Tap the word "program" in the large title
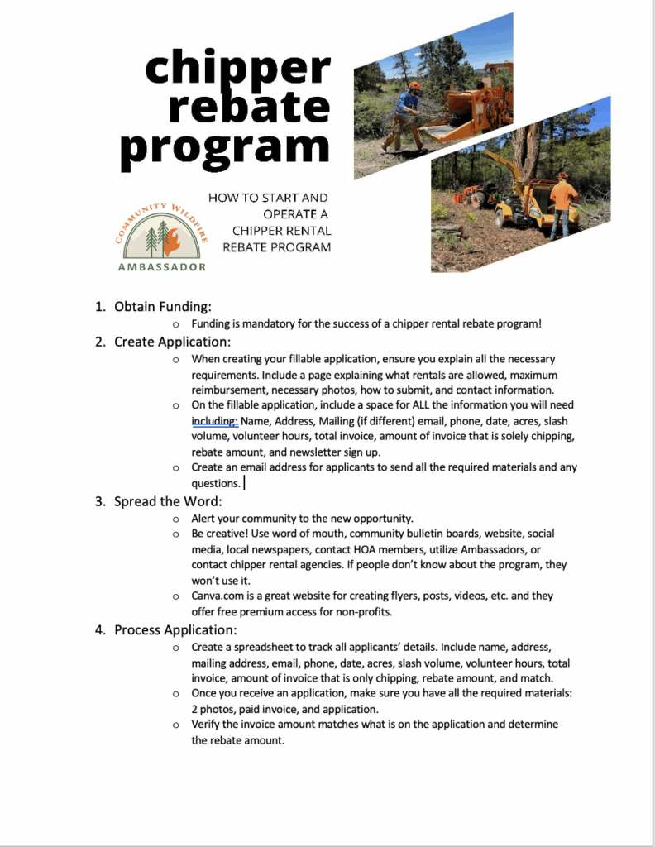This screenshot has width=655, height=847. point(225,146)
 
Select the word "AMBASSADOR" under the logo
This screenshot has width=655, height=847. point(162,267)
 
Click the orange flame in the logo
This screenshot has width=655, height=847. point(171,242)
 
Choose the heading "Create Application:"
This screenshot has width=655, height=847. point(172,342)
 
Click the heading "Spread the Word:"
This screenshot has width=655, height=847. point(168,501)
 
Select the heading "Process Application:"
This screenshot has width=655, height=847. point(175,629)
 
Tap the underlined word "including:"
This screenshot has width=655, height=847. point(214,420)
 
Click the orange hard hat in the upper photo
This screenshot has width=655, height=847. point(414,85)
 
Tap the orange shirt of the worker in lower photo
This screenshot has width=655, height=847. point(564,195)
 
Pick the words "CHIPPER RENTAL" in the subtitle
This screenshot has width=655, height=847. point(281,231)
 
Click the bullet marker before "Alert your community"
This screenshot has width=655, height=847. point(175,519)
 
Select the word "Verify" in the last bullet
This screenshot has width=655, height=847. point(207,725)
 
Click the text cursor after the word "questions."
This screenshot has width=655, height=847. point(244,483)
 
